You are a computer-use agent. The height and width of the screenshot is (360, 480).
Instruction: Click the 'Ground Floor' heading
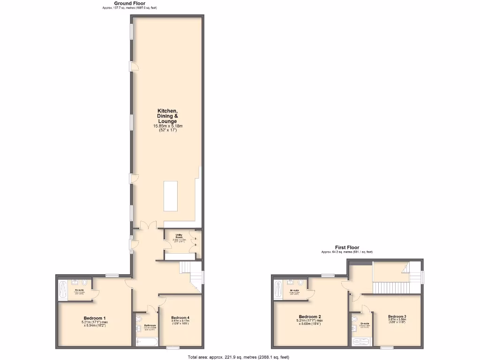(130, 3)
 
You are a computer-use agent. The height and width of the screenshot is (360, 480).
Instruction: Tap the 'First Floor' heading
(347, 247)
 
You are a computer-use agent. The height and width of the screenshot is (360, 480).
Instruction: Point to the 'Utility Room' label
(179, 236)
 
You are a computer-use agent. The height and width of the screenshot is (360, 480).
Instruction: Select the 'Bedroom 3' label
(397, 317)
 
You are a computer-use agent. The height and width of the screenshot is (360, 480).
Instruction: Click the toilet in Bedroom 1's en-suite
(84, 283)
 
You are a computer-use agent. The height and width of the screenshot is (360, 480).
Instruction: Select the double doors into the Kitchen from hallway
(149, 226)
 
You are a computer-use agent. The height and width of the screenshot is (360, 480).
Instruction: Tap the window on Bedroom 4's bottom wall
(173, 347)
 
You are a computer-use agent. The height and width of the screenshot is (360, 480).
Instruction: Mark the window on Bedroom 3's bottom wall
(387, 347)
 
